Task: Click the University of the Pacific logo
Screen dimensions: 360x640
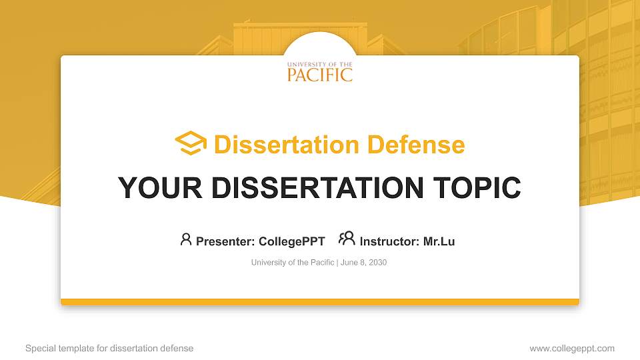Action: pos(320,71)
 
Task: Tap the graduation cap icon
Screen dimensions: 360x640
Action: pos(191,144)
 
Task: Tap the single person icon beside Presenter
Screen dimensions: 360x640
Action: pos(186,239)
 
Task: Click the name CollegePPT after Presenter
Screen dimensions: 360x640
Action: pos(291,241)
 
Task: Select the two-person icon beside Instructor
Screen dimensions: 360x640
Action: pos(347,239)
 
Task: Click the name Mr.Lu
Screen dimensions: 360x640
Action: pos(439,241)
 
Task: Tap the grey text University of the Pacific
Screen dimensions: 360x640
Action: pos(293,263)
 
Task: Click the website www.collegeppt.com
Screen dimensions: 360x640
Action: pos(571,348)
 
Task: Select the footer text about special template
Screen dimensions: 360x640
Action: pos(109,348)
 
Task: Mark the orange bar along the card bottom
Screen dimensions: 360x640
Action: pos(320,302)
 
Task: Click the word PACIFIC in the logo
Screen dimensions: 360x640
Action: pos(320,75)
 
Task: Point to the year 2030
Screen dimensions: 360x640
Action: pos(377,263)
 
